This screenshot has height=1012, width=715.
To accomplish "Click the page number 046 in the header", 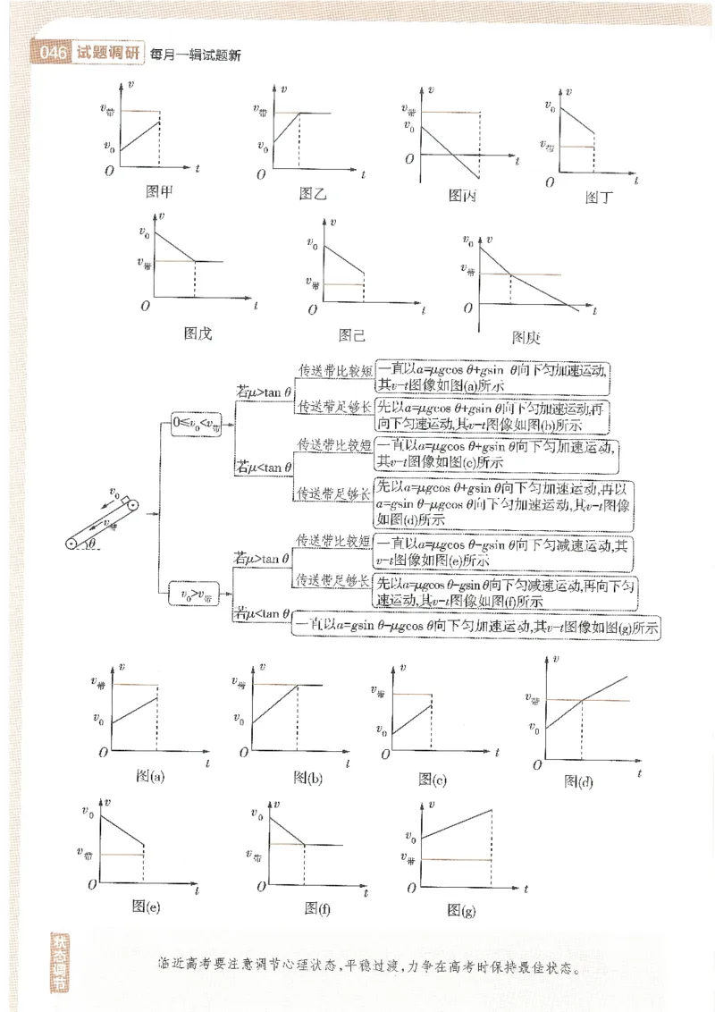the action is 55,54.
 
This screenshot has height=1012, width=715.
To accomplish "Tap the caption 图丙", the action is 462,195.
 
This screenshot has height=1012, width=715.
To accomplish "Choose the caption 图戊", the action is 198,333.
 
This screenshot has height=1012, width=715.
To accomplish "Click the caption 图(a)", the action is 150,776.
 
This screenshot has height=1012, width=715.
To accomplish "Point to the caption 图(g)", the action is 461,910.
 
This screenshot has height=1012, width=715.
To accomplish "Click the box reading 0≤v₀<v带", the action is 197,426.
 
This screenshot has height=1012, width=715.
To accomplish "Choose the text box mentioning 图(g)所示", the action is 476,628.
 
